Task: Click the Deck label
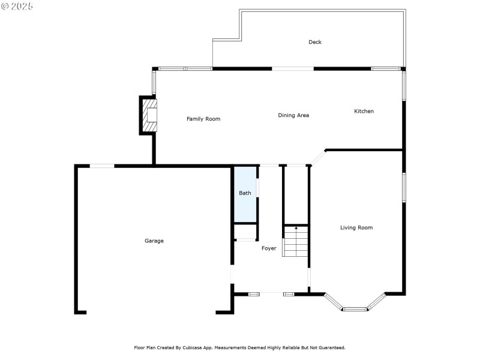[x=315, y=42]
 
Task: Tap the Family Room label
[x=203, y=119]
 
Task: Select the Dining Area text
[x=293, y=115]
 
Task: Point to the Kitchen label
[x=364, y=111]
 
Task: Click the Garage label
[x=154, y=241]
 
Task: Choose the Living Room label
[x=356, y=227]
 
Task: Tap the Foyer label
[x=269, y=248]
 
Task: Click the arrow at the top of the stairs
[x=296, y=229]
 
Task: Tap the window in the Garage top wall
[x=102, y=166]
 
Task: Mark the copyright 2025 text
[x=17, y=6]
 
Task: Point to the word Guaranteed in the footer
[x=329, y=347]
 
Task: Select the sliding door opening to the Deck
[x=293, y=68]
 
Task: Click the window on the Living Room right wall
[x=404, y=187]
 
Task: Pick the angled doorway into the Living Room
[x=317, y=157]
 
